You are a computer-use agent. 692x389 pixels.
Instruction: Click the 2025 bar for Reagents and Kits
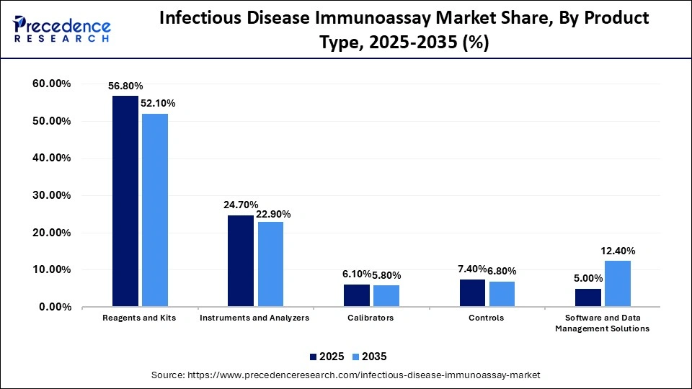(125, 202)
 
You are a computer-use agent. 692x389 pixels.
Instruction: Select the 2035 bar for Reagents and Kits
(154, 210)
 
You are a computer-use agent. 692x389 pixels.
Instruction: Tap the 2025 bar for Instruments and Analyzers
(240, 261)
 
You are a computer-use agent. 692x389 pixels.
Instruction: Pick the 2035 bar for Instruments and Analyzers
(270, 264)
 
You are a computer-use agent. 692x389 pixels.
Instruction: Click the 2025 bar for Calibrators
(356, 295)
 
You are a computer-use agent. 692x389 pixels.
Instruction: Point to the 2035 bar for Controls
(502, 294)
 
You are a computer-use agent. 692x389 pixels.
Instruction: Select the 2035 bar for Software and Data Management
(617, 284)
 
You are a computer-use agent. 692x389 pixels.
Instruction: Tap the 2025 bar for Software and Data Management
(587, 298)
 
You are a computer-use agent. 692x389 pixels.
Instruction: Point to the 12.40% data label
(618, 251)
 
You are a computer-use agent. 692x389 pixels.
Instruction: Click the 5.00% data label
(587, 278)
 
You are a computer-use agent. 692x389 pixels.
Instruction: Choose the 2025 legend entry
(326, 357)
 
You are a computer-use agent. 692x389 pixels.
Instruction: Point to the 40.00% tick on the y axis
(51, 158)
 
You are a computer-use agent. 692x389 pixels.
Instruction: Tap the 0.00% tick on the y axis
(54, 307)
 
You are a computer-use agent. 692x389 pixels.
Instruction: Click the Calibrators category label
(371, 318)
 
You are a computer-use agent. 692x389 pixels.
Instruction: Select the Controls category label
(487, 318)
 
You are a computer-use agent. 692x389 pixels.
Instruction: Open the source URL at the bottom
(345, 375)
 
